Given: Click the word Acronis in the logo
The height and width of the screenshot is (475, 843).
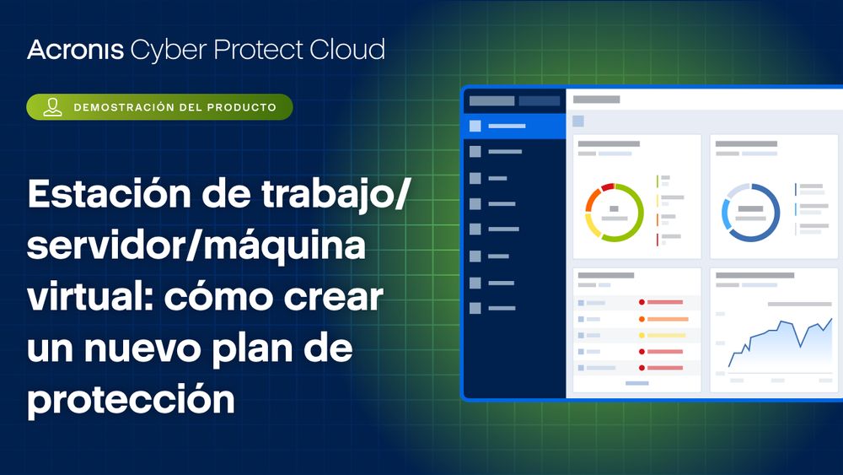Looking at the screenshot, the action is click(x=75, y=50).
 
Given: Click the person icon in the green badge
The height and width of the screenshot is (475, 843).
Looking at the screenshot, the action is click(x=52, y=107).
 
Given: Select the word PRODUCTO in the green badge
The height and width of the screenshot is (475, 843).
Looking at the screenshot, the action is click(x=242, y=108).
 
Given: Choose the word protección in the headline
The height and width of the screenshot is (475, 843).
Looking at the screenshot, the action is click(x=131, y=399).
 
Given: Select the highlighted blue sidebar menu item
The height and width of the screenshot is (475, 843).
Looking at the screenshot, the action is click(x=514, y=126).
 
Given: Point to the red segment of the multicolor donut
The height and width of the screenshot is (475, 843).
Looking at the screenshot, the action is click(x=608, y=187).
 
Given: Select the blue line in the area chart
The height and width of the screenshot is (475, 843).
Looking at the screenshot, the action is click(x=780, y=339).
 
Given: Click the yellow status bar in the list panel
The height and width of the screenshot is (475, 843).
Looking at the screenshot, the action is click(x=666, y=335).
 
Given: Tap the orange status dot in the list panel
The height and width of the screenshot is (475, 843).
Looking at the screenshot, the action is click(x=642, y=319).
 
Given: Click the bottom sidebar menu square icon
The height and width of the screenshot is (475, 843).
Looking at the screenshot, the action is click(x=475, y=308).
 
